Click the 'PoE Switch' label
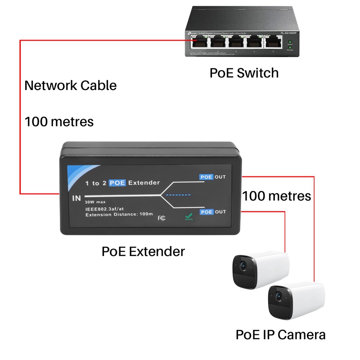tap(244, 72)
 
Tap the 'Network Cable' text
tap(70, 85)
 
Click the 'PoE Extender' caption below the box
tap(143, 251)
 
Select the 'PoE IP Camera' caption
tap(280, 335)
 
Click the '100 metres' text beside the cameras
tap(277, 196)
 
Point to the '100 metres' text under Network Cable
tap(59, 121)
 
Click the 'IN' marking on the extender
tap(76, 198)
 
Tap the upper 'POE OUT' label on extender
tap(213, 177)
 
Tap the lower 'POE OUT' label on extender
tap(213, 211)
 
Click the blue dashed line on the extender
tap(179, 195)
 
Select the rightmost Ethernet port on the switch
tap(271, 42)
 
